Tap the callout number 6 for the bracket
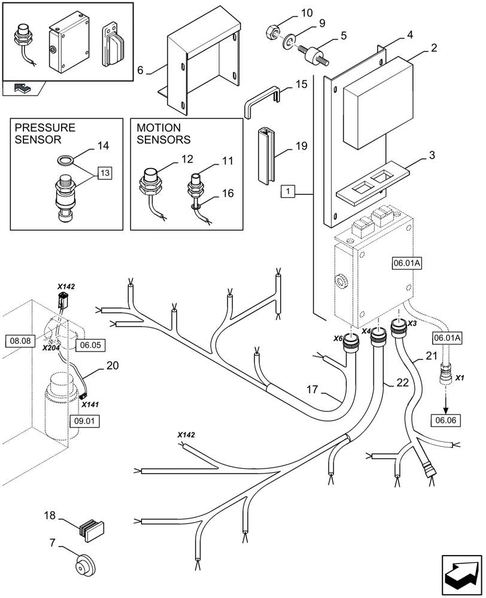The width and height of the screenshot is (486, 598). pos(140,71)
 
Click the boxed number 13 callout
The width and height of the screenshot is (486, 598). pos(104,173)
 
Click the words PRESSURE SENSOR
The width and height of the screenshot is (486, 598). pos(45,134)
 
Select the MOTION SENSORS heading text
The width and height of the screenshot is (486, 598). pos(163,134)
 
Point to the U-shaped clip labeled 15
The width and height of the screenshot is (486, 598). pos(260,102)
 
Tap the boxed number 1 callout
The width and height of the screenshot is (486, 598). pos(288,193)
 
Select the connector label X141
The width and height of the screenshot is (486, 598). pos(90,405)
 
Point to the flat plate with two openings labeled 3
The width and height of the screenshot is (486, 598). pos(373,182)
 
